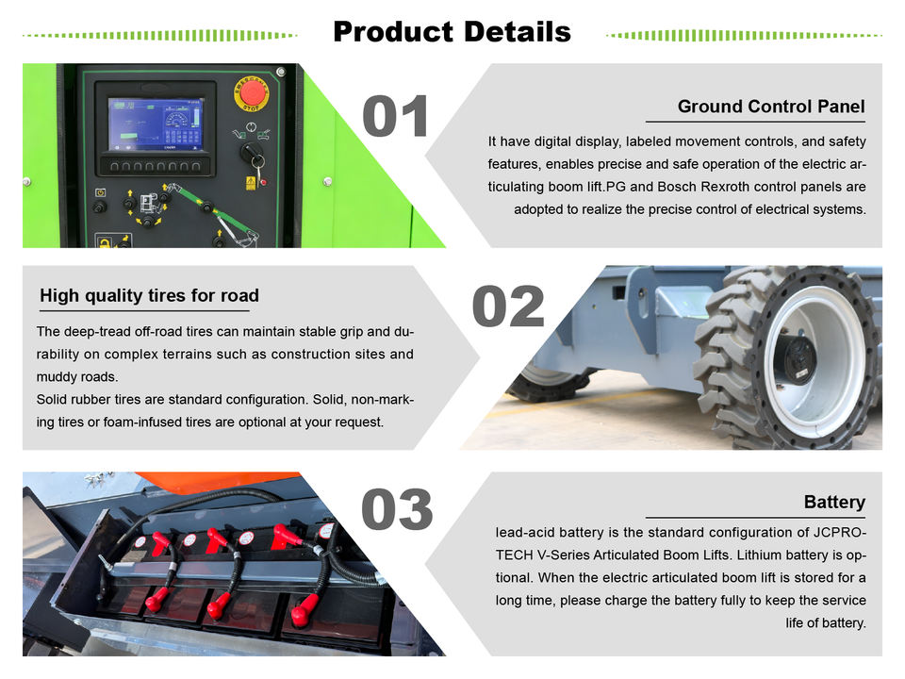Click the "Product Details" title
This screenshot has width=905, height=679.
tap(452, 32)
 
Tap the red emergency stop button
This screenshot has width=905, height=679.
tap(252, 92)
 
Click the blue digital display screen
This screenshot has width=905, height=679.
tap(156, 124)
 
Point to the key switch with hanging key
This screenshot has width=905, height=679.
tap(253, 155)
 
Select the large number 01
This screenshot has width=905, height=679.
tap(395, 116)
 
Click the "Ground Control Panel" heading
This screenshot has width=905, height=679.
tap(771, 107)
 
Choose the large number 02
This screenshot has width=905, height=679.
tap(508, 306)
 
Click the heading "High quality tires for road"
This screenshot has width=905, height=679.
tap(149, 295)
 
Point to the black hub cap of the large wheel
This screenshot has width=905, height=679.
tap(796, 358)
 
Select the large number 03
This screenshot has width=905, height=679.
tap(397, 509)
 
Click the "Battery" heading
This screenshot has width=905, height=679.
tap(834, 502)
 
